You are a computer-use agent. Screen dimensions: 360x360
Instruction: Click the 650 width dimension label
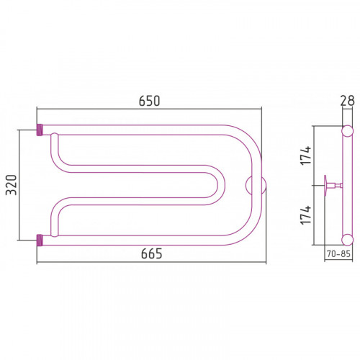149,101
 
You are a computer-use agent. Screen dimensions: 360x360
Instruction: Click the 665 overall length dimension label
151,253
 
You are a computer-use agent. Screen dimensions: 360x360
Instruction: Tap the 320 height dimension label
12,185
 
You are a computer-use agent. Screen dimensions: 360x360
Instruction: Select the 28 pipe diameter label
347,101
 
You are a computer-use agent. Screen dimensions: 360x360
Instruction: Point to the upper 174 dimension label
306,155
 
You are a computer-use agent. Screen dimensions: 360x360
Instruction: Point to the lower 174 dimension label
306,215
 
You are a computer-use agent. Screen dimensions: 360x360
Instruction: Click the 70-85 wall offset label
338,253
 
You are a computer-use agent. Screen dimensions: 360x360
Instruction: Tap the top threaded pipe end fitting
40,130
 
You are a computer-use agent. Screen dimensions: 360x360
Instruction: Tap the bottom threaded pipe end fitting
40,240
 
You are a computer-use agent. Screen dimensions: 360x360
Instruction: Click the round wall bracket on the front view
256,186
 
